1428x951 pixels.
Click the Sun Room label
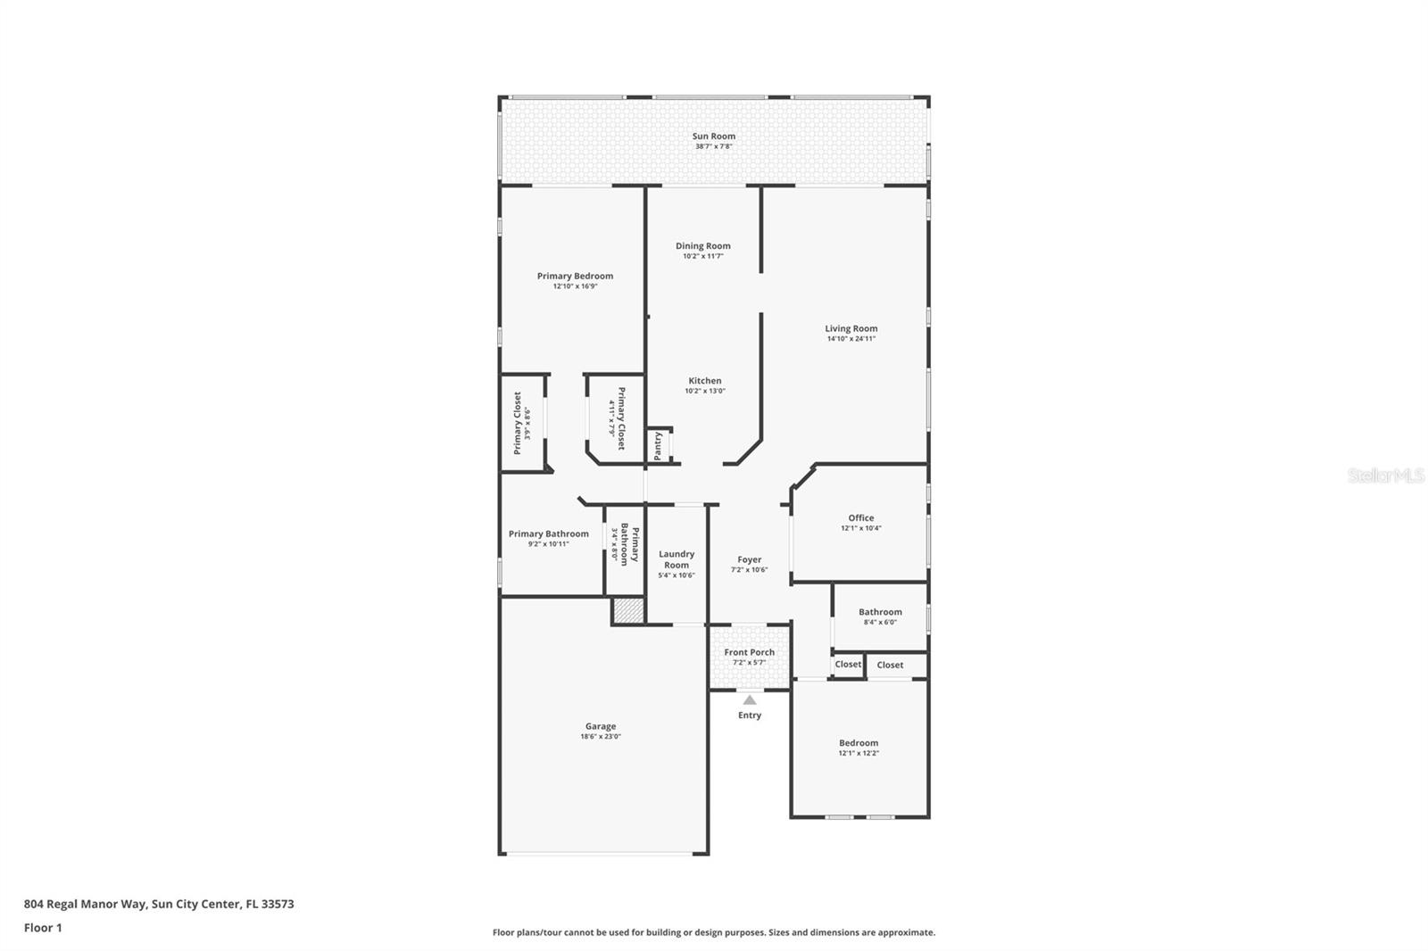(x=714, y=136)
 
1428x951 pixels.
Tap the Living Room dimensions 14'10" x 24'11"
(x=851, y=339)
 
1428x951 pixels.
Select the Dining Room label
(x=702, y=246)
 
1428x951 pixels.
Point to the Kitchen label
(x=704, y=381)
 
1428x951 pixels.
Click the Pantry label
(x=658, y=445)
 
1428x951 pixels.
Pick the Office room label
(x=860, y=517)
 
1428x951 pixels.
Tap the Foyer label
(x=749, y=560)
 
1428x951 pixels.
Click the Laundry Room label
(x=677, y=559)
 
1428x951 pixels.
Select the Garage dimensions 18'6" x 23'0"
(x=601, y=737)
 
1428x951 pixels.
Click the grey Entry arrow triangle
(x=750, y=700)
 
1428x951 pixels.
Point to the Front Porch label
(x=749, y=652)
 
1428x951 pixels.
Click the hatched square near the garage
(x=628, y=611)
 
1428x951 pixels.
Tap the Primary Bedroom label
(x=575, y=277)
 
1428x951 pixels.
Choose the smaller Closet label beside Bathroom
(x=848, y=665)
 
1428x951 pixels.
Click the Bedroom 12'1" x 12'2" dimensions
(x=858, y=754)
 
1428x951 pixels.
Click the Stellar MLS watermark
(x=1385, y=476)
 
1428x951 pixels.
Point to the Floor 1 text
(x=43, y=928)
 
